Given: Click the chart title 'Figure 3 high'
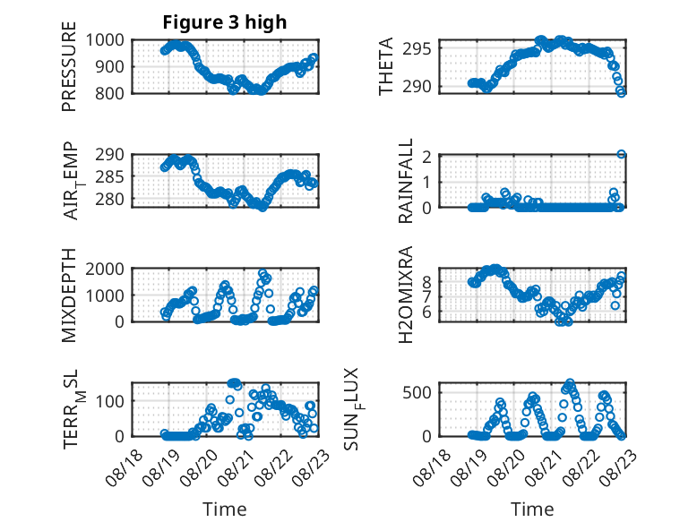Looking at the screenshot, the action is [225, 22].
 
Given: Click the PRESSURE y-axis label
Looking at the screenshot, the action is [69, 66].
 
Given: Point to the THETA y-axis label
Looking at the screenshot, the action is [386, 66].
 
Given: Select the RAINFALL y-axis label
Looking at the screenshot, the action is [406, 180].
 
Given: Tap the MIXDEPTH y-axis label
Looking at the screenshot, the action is [69, 295].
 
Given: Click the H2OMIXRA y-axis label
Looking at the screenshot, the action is [406, 295].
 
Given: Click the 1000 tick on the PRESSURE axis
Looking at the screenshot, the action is [105, 40].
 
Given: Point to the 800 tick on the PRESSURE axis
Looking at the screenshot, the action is [109, 93].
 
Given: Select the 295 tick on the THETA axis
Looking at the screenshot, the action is [417, 49].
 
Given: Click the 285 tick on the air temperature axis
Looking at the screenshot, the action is [109, 176].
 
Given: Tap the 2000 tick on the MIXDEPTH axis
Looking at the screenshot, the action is [105, 269].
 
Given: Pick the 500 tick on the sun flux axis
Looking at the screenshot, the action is [417, 392].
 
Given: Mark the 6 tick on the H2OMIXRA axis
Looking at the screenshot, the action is [427, 312].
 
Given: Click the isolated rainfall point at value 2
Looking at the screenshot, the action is [622, 154].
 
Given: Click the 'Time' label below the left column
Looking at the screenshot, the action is [225, 509].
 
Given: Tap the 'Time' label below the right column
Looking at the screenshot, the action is [532, 509].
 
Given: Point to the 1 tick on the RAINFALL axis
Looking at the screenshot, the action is [427, 182].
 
